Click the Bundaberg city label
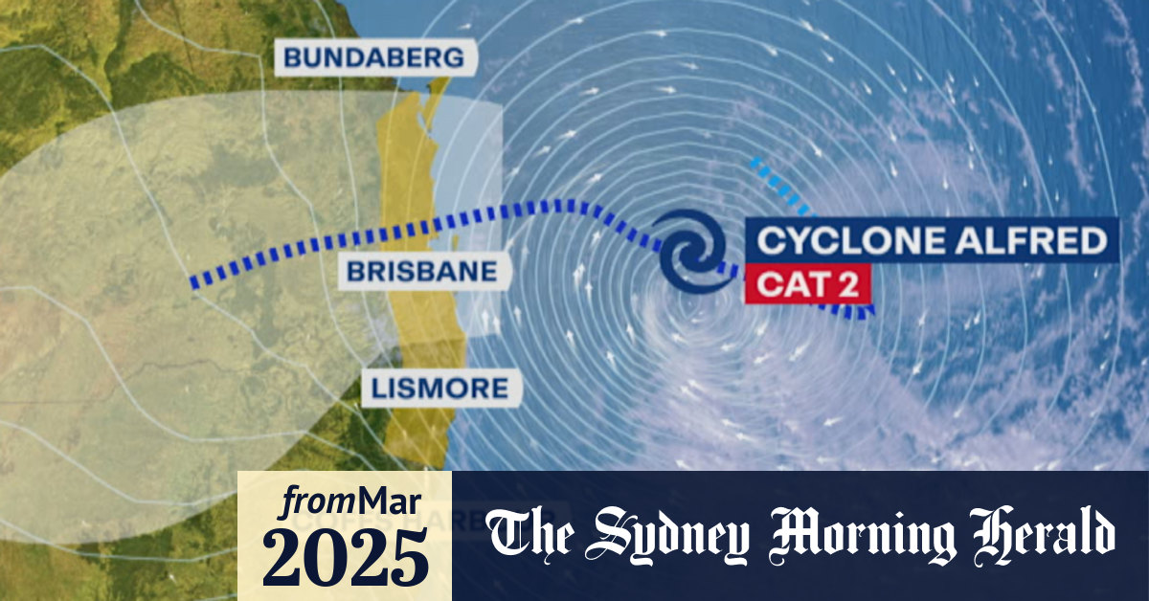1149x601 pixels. (374, 57)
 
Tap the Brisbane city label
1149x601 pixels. (422, 271)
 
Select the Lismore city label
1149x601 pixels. (441, 388)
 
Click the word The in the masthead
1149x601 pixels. (532, 536)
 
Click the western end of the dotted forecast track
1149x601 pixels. (195, 282)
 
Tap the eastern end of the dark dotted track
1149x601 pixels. (867, 312)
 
